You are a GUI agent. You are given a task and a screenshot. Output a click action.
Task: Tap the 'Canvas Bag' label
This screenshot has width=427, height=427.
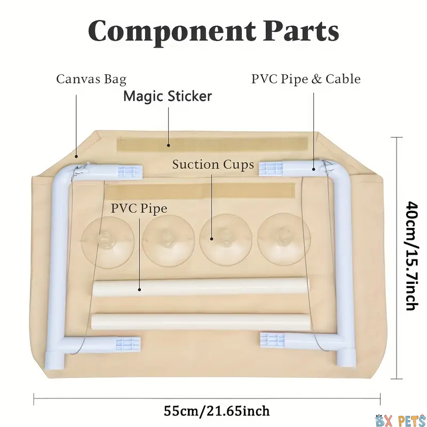(91, 79)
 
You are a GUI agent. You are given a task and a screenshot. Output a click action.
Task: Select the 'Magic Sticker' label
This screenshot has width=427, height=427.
(168, 96)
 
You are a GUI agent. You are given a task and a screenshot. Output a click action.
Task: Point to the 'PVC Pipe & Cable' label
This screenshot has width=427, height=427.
(306, 79)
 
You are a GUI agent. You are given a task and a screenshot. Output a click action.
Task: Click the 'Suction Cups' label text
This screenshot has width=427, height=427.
(213, 164)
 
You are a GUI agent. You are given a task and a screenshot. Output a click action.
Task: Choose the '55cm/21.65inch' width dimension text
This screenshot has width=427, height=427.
(217, 411)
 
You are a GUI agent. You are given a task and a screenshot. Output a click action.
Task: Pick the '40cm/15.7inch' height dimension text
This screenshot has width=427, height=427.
(412, 256)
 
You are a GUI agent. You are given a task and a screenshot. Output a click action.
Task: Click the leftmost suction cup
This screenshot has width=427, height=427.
(108, 242)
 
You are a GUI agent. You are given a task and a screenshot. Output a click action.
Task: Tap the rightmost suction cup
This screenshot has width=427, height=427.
(284, 239)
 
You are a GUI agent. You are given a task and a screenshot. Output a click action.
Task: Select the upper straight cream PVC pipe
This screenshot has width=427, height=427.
(200, 288)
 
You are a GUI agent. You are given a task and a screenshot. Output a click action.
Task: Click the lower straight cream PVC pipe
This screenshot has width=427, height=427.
(200, 322)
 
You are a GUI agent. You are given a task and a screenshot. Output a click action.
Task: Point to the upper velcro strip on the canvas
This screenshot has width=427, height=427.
(212, 145)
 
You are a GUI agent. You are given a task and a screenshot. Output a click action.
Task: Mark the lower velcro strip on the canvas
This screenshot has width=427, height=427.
(200, 191)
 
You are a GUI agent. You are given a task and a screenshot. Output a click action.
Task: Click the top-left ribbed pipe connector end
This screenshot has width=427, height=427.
(130, 172)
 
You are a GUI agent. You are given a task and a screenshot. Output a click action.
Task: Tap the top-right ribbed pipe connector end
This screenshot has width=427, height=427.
(271, 169)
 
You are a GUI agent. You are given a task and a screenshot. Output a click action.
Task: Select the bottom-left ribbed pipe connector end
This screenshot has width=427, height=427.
(128, 344)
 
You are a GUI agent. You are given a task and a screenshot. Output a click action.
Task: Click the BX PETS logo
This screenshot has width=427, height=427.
(400, 421)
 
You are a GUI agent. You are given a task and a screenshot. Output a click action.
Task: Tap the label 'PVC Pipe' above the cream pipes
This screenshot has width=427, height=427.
(139, 209)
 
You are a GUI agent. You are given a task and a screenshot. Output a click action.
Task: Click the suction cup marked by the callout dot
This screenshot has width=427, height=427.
(226, 240)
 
